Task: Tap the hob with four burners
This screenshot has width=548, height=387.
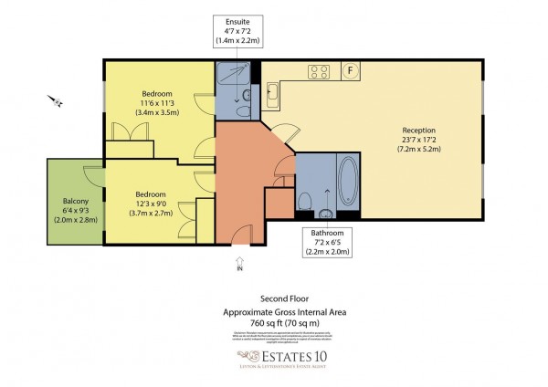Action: (x=319, y=70)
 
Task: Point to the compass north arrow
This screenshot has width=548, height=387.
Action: (x=57, y=101)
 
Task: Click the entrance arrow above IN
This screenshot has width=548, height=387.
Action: (x=240, y=259)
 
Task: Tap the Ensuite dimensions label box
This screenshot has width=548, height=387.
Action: (x=237, y=35)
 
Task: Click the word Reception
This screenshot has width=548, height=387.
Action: (x=419, y=131)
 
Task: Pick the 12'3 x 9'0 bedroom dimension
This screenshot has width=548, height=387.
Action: (x=151, y=203)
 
